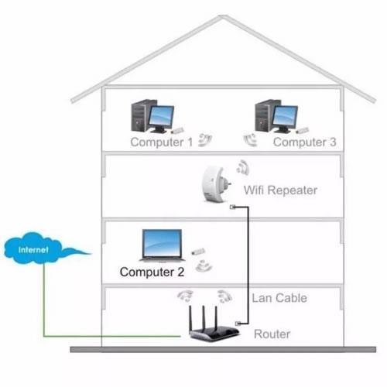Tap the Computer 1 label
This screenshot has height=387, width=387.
[162, 142]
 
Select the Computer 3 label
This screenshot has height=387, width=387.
[304, 142]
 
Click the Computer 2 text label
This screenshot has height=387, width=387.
[152, 272]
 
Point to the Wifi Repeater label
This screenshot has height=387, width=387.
[280, 190]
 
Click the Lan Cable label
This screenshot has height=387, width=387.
[279, 298]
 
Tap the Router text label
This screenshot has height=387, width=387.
[272, 334]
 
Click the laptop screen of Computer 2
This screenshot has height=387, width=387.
[163, 243]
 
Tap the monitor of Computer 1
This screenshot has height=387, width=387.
[161, 118]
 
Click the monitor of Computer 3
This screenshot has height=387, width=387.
[285, 118]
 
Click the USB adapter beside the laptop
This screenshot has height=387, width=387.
[198, 252]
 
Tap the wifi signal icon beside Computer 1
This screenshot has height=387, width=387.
[205, 140]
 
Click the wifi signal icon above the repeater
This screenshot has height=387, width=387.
[243, 167]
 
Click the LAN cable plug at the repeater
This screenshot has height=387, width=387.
[233, 207]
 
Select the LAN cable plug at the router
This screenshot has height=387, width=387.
[238, 324]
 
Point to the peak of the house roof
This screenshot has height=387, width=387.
[223, 16]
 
